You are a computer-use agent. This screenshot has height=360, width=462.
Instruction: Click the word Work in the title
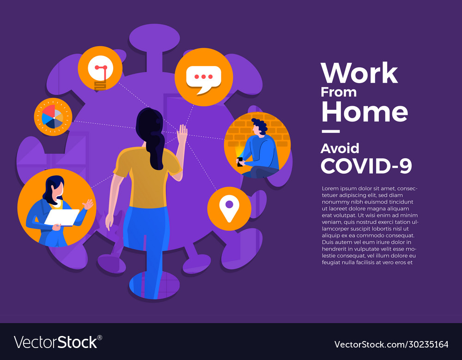pyautogui.click(x=359, y=73)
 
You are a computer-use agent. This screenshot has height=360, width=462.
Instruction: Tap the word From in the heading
pyautogui.click(x=339, y=92)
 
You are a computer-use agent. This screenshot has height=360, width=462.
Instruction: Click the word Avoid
pyautogui.click(x=340, y=148)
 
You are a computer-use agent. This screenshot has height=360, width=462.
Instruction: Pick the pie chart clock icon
pyautogui.click(x=53, y=117)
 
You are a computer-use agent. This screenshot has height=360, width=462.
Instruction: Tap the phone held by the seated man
pyautogui.click(x=240, y=161)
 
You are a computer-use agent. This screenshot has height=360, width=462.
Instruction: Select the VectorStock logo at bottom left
pyautogui.click(x=58, y=342)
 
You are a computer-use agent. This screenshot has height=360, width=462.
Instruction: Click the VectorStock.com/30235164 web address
pyautogui.click(x=391, y=344)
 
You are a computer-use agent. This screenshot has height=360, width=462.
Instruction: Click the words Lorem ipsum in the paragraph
pyautogui.click(x=339, y=188)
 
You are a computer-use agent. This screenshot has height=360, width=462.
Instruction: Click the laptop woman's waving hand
pyautogui.click(x=87, y=204)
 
